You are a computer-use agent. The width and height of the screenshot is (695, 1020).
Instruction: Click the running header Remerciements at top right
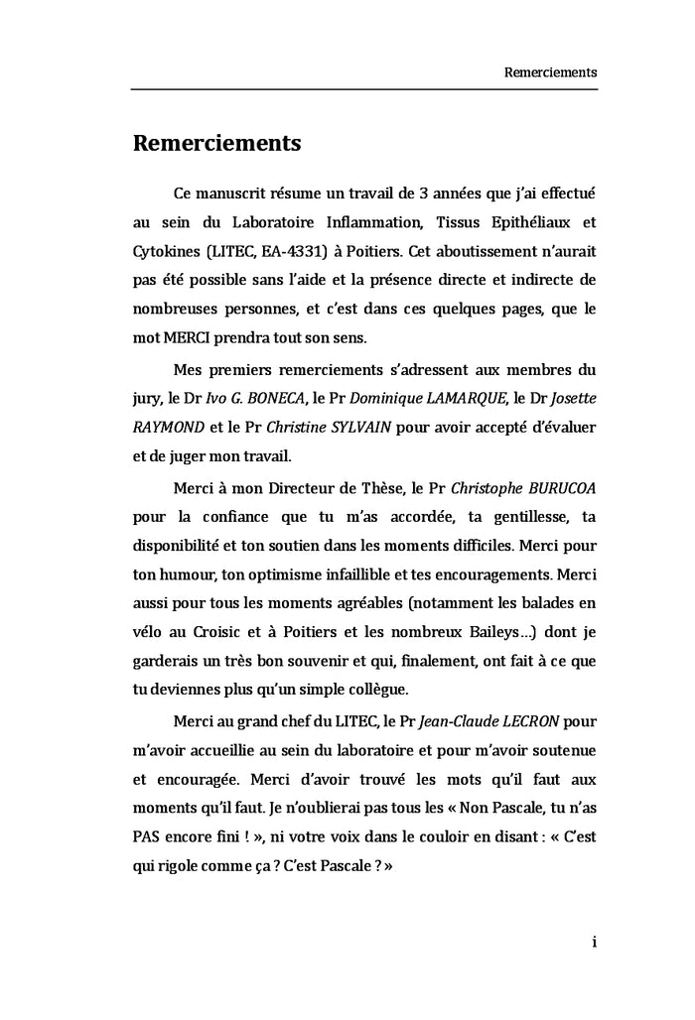tap(550, 72)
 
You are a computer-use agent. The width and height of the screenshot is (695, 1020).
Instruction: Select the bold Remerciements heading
tap(216, 143)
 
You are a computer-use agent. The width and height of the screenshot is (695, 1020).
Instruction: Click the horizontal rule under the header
tap(363, 90)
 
